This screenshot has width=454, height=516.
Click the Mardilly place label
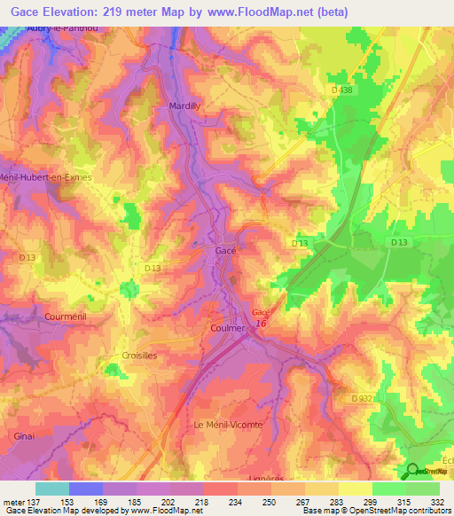185,106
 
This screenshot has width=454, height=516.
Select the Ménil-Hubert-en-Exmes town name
46,177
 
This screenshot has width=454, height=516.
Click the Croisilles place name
137,355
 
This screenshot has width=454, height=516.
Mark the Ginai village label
24,436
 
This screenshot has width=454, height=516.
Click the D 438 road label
354,90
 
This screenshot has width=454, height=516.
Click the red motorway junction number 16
261,323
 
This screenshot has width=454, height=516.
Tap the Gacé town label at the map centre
225,251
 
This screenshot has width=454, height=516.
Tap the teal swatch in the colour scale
52,489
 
